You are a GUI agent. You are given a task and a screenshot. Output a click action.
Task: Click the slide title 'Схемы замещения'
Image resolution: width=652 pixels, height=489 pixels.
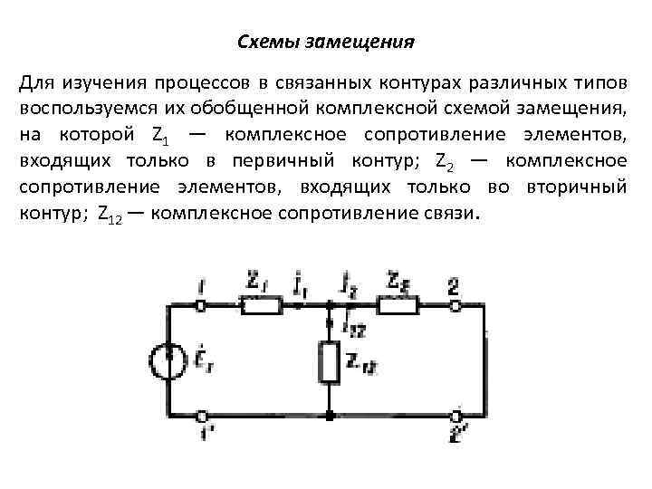(x=325, y=42)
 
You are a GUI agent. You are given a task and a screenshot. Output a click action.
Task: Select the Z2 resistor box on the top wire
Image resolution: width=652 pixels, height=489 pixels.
(x=396, y=306)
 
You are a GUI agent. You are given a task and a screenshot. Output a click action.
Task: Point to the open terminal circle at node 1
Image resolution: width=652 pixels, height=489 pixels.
(x=201, y=306)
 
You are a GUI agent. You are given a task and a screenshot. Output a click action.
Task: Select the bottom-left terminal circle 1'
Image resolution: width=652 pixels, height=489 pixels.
(x=201, y=417)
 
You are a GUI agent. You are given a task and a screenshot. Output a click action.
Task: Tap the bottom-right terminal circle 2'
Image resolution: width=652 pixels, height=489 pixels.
(x=458, y=417)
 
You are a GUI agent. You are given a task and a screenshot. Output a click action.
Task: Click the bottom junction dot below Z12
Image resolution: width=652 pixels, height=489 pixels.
(x=330, y=417)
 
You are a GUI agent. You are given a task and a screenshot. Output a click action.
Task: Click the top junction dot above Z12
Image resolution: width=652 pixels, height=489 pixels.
(x=330, y=306)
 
